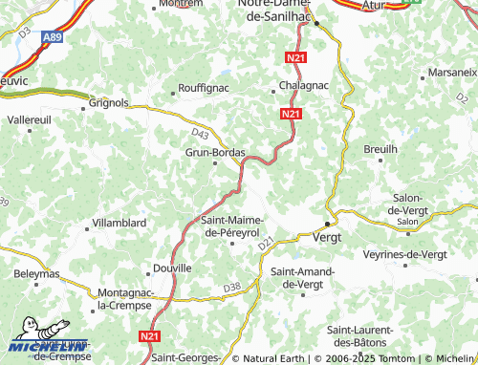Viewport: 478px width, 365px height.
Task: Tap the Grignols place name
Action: coord(109,103)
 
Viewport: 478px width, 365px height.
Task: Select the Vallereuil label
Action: coord(30,120)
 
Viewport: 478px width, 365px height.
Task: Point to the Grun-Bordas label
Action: coord(215,152)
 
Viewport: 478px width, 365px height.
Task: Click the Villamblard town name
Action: coord(119,223)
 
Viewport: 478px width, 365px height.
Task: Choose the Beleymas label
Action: coord(35,273)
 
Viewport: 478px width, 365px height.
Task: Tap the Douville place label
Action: coord(170,269)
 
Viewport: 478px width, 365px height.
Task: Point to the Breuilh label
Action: coord(380,150)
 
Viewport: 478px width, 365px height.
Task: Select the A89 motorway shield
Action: coord(54,37)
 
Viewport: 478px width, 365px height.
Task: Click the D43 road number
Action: coord(199,133)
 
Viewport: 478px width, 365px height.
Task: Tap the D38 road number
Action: coord(231,288)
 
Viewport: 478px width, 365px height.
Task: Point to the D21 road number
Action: coord(266,244)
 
